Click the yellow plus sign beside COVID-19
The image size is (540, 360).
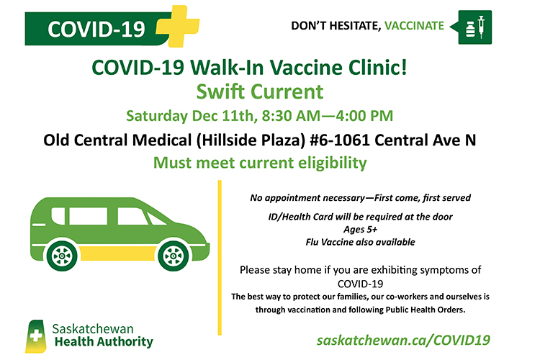pyautogui.click(x=178, y=26)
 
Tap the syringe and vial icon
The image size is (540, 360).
pyautogui.click(x=475, y=27)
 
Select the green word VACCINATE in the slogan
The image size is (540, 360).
pyautogui.click(x=414, y=26)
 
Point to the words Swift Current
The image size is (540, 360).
pyautogui.click(x=260, y=91)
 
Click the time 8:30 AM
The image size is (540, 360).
pyautogui.click(x=291, y=116)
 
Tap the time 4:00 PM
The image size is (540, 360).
pyautogui.click(x=365, y=116)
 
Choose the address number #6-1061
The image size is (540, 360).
pyautogui.click(x=340, y=140)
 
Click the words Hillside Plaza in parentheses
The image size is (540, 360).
pyautogui.click(x=251, y=140)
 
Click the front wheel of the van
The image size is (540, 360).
pyautogui.click(x=174, y=256)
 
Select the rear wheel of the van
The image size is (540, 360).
pyautogui.click(x=62, y=256)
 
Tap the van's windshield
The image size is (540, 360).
pyautogui.click(x=156, y=219)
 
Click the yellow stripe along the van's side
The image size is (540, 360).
pyautogui.click(x=117, y=253)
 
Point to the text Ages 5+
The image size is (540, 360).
pyautogui.click(x=360, y=230)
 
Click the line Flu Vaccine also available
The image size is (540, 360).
pyautogui.click(x=360, y=242)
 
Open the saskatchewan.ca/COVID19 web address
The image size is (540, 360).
pyautogui.click(x=403, y=341)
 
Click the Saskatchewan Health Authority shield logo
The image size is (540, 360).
pyautogui.click(x=36, y=336)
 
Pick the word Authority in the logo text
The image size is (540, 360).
pyautogui.click(x=125, y=342)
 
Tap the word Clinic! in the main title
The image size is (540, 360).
pyautogui.click(x=378, y=67)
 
